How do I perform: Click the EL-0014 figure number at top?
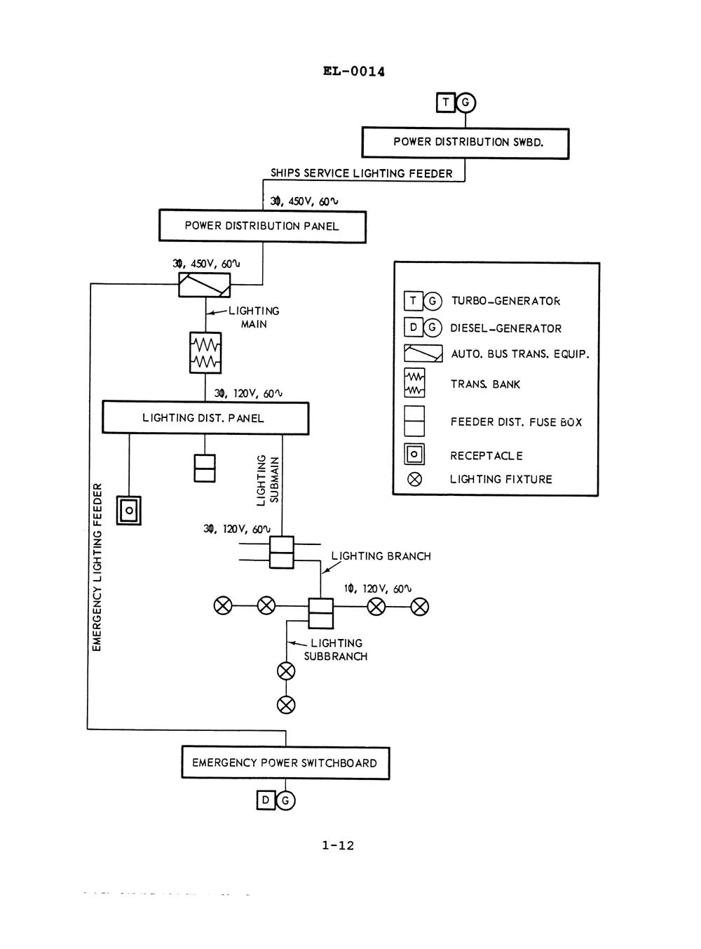tap(354, 71)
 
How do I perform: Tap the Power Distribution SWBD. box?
tap(465, 143)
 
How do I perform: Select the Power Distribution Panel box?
tap(263, 227)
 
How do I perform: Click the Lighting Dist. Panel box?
tap(205, 417)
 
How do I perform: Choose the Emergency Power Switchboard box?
tap(285, 762)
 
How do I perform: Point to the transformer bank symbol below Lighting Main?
tap(205, 353)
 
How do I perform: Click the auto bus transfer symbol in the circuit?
tap(204, 285)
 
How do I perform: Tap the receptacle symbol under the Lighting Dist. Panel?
tap(129, 511)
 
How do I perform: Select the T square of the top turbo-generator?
tap(445, 102)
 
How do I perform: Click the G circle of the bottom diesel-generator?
tap(285, 800)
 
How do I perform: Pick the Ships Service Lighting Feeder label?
tap(362, 173)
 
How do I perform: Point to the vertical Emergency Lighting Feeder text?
tap(97, 567)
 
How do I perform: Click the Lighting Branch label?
tap(381, 556)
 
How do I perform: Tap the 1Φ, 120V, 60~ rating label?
tap(378, 589)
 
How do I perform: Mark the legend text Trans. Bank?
tap(485, 384)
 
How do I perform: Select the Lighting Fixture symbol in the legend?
tap(414, 479)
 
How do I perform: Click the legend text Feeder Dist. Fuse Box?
tap(516, 422)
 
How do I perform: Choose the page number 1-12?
tap(338, 845)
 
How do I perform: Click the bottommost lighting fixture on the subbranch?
tap(286, 705)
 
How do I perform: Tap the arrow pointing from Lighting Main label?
tap(217, 312)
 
